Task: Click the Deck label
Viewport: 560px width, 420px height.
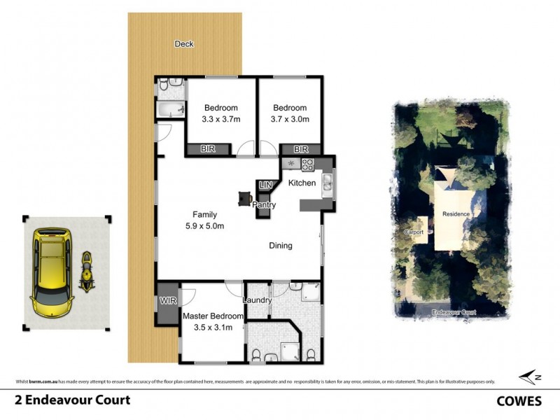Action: [x=184, y=44]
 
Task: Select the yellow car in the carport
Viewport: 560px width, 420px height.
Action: [x=52, y=270]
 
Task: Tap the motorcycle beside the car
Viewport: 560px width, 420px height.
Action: [x=87, y=271]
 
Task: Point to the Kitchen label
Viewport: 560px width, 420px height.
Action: [x=302, y=183]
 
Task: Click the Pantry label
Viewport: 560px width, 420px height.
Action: [x=265, y=206]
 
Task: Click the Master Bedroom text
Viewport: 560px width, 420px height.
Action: [x=213, y=316]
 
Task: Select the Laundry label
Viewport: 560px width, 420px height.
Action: [x=257, y=300]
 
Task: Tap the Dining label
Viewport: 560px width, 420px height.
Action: [x=281, y=246]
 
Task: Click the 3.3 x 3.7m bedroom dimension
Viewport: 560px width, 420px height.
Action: [x=220, y=120]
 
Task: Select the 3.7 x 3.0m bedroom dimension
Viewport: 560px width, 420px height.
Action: [x=289, y=120]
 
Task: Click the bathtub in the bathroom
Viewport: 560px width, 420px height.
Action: [x=171, y=110]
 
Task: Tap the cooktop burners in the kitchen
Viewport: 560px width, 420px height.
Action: [x=307, y=164]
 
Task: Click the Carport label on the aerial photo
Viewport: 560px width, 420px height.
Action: [x=415, y=231]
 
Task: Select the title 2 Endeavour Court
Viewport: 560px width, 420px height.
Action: [x=62, y=401]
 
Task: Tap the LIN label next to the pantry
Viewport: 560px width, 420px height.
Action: [x=265, y=185]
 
